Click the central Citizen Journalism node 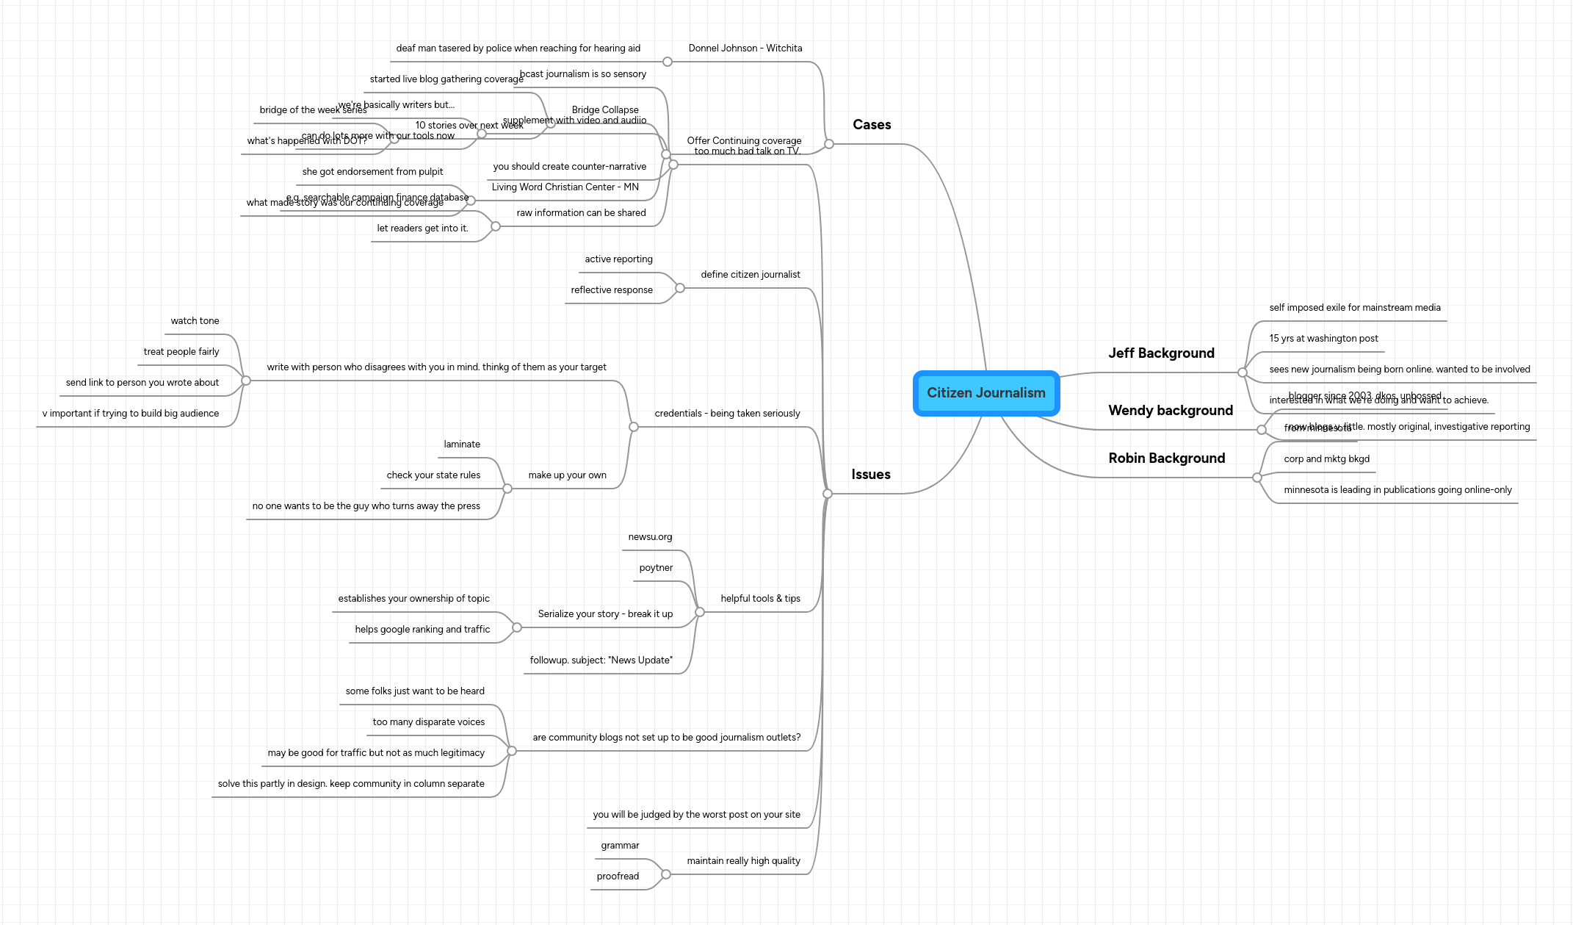[986, 393]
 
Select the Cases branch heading [872, 125]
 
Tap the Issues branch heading [870, 475]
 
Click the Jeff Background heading [1161, 353]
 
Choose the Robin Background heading [1166, 458]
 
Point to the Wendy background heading [1170, 411]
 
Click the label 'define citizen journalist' [750, 275]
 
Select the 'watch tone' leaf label [195, 321]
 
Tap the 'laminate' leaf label [462, 444]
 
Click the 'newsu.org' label [650, 537]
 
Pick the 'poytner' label [656, 568]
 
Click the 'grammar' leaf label [620, 846]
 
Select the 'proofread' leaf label [618, 877]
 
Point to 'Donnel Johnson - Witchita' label [745, 48]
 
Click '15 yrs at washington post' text [1323, 339]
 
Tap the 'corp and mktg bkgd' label [1326, 459]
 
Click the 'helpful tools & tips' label [760, 599]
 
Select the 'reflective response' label [611, 290]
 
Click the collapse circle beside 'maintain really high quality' [666, 874]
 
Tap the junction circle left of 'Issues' [828, 494]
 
